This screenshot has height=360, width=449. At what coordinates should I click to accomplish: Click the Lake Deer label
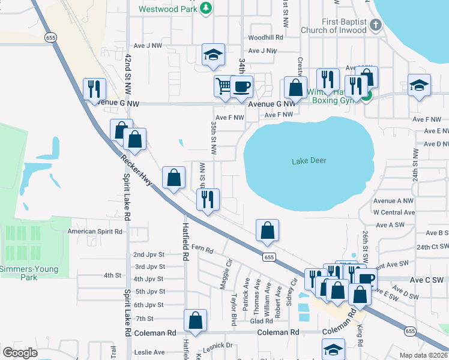pos(309,161)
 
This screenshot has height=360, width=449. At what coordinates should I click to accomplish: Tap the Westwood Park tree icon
pos(206,8)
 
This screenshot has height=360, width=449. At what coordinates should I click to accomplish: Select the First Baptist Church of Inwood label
pos(334,26)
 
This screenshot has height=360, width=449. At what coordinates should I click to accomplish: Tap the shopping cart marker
pos(223,86)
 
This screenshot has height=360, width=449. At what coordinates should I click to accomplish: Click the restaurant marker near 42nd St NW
pos(95,89)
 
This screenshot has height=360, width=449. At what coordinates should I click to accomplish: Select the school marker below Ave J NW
pos(213,55)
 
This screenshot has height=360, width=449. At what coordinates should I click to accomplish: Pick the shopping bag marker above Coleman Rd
pos(195,320)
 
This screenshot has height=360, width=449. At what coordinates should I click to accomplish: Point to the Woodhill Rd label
pos(265,38)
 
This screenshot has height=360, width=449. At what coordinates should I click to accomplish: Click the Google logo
pos(20,352)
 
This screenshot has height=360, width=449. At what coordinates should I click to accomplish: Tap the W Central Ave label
pos(394,212)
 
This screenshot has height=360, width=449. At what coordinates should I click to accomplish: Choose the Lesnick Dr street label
pos(218,345)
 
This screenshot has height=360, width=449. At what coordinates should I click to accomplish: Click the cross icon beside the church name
pos(376,25)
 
